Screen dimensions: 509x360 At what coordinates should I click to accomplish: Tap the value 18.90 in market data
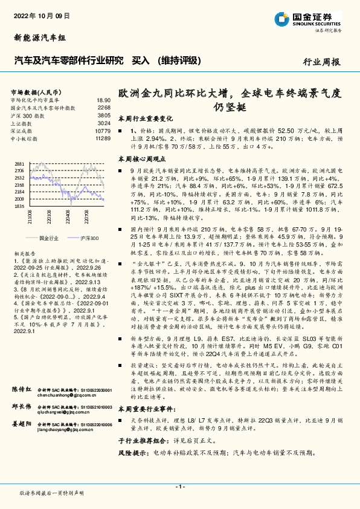[x=103, y=100]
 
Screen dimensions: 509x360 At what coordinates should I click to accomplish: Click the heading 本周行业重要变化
[x=145, y=119]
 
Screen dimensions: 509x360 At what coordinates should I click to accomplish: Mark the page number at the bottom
[x=180, y=486]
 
